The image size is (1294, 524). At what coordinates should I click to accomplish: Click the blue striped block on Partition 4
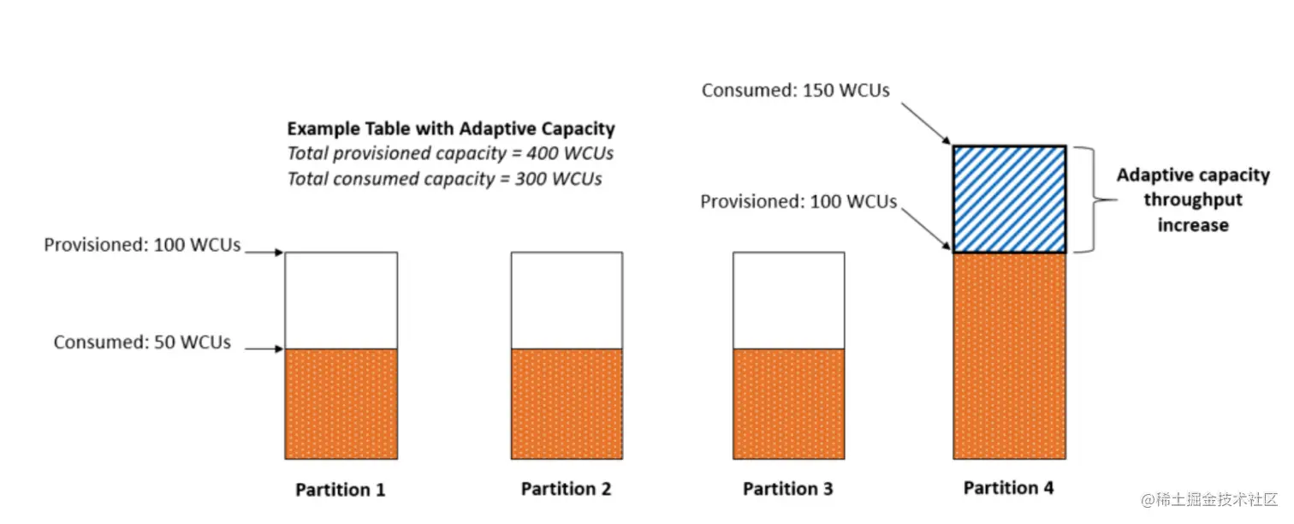pyautogui.click(x=1009, y=199)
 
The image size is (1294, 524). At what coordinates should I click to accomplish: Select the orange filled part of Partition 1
pyautogui.click(x=341, y=403)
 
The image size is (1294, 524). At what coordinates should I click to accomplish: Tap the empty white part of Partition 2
pyautogui.click(x=567, y=301)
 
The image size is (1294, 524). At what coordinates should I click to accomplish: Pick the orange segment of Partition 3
pyautogui.click(x=788, y=403)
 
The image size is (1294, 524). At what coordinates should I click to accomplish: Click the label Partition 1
pyautogui.click(x=340, y=490)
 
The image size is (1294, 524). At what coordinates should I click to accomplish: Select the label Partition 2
pyautogui.click(x=566, y=489)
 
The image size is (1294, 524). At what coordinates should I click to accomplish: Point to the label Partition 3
pyautogui.click(x=787, y=489)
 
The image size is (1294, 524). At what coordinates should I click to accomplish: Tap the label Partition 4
pyautogui.click(x=1008, y=488)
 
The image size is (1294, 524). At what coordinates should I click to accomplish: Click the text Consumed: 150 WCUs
pyautogui.click(x=795, y=90)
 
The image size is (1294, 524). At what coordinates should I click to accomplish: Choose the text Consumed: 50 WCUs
pyautogui.click(x=142, y=342)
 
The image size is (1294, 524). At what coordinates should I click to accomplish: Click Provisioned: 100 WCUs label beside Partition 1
pyautogui.click(x=142, y=246)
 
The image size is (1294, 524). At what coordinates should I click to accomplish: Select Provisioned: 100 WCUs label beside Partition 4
pyautogui.click(x=798, y=202)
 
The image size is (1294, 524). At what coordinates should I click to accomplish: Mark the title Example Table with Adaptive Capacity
pyautogui.click(x=450, y=129)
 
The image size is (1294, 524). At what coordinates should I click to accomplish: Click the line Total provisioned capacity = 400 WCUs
pyautogui.click(x=450, y=154)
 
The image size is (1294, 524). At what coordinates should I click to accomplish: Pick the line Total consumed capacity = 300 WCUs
pyautogui.click(x=444, y=179)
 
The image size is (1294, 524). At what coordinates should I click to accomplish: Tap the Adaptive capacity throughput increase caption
pyautogui.click(x=1192, y=200)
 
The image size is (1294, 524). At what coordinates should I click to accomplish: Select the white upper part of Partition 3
pyautogui.click(x=788, y=301)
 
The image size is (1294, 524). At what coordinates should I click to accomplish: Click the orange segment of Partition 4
pyautogui.click(x=1009, y=355)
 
